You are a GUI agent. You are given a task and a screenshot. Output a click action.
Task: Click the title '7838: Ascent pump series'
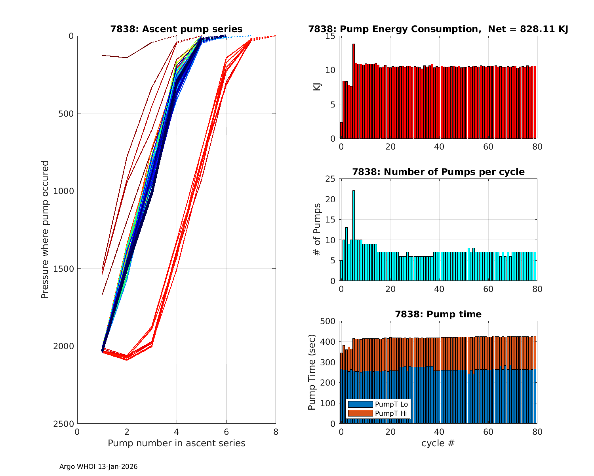[176, 29]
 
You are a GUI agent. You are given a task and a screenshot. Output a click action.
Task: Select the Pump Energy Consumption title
[438, 29]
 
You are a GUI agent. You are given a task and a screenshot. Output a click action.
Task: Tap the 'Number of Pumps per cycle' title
[438, 172]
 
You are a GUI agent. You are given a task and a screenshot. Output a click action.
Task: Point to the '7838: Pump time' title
[438, 314]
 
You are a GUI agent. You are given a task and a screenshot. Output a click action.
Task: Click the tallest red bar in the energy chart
[354, 91]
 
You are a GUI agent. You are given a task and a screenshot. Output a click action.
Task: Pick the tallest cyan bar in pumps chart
[354, 236]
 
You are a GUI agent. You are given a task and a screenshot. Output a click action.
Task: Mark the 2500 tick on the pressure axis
[65, 424]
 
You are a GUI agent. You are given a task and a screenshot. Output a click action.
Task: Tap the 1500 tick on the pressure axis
[65, 269]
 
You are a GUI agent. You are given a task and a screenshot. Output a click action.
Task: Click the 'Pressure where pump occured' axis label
[45, 230]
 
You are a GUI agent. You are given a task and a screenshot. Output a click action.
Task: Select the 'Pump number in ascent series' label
[176, 443]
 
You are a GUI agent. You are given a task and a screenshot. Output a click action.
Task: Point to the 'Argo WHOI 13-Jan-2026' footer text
[98, 467]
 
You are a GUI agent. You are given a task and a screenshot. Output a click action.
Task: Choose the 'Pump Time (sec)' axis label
[312, 372]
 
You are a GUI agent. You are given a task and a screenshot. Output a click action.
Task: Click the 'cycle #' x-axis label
[438, 443]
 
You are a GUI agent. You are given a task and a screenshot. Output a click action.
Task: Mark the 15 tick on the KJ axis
[331, 36]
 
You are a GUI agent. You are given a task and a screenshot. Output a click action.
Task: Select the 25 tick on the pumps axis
[331, 179]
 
